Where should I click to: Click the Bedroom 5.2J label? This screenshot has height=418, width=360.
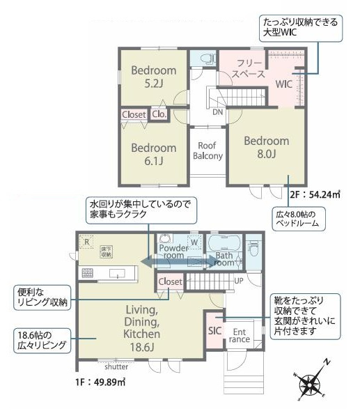pos(154,77)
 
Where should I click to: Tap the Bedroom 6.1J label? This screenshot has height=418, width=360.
pos(153,154)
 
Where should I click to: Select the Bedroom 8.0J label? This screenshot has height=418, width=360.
pos(266,148)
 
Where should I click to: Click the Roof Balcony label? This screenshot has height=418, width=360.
pos(208,151)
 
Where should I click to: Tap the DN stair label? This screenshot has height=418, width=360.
pos(217,111)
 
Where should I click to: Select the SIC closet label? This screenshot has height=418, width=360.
pos(214,331)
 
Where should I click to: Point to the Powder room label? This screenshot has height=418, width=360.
pos(174,251)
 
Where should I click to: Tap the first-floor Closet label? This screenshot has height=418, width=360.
pos(171,281)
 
